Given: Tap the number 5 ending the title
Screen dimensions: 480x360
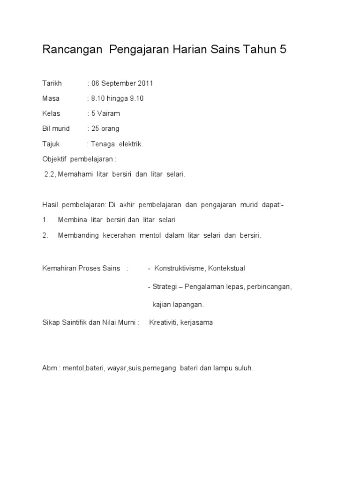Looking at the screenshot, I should pyautogui.click(x=283, y=50).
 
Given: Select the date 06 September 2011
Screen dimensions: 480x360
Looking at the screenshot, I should pyautogui.click(x=122, y=83).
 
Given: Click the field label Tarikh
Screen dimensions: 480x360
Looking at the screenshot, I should pyautogui.click(x=52, y=83).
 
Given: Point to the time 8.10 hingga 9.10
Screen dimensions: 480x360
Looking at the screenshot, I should pyautogui.click(x=117, y=98).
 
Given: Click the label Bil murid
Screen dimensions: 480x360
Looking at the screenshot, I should pyautogui.click(x=56, y=128).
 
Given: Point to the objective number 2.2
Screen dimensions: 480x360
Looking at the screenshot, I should pyautogui.click(x=50, y=174).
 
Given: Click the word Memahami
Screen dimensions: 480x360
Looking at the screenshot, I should pyautogui.click(x=75, y=174).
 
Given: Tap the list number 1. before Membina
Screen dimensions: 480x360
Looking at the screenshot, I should pyautogui.click(x=45, y=220).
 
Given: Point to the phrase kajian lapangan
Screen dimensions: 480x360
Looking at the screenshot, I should pyautogui.click(x=178, y=305).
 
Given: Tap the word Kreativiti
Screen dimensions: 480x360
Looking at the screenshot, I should pyautogui.click(x=163, y=322).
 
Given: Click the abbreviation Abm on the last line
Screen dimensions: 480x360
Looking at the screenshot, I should pyautogui.click(x=49, y=368).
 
